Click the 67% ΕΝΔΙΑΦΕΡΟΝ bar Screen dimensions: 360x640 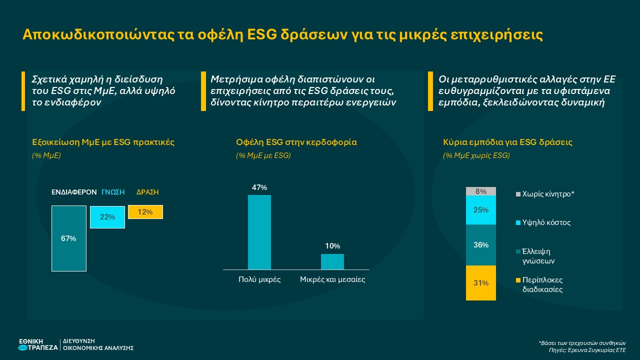[69, 238]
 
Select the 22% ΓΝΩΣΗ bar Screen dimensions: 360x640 [107, 217]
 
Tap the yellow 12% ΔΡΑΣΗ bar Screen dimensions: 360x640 [145, 212]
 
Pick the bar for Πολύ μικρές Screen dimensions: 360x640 [259, 232]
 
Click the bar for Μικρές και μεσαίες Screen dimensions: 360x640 [332, 261]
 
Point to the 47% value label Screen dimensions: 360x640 [259, 187]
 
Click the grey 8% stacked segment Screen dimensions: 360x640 [480, 191]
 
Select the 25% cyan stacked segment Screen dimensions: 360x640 [480, 210]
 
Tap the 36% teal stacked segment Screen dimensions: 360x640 [480, 245]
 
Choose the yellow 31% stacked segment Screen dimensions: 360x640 [480, 283]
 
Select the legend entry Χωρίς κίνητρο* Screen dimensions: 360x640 [548, 193]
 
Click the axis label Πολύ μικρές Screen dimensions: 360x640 [259, 279]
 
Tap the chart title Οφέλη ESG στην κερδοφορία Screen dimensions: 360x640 [296, 142]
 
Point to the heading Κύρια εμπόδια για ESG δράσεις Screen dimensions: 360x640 [507, 142]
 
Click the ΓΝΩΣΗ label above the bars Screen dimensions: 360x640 [113, 192]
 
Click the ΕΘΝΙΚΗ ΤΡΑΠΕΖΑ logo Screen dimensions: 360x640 [37, 344]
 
